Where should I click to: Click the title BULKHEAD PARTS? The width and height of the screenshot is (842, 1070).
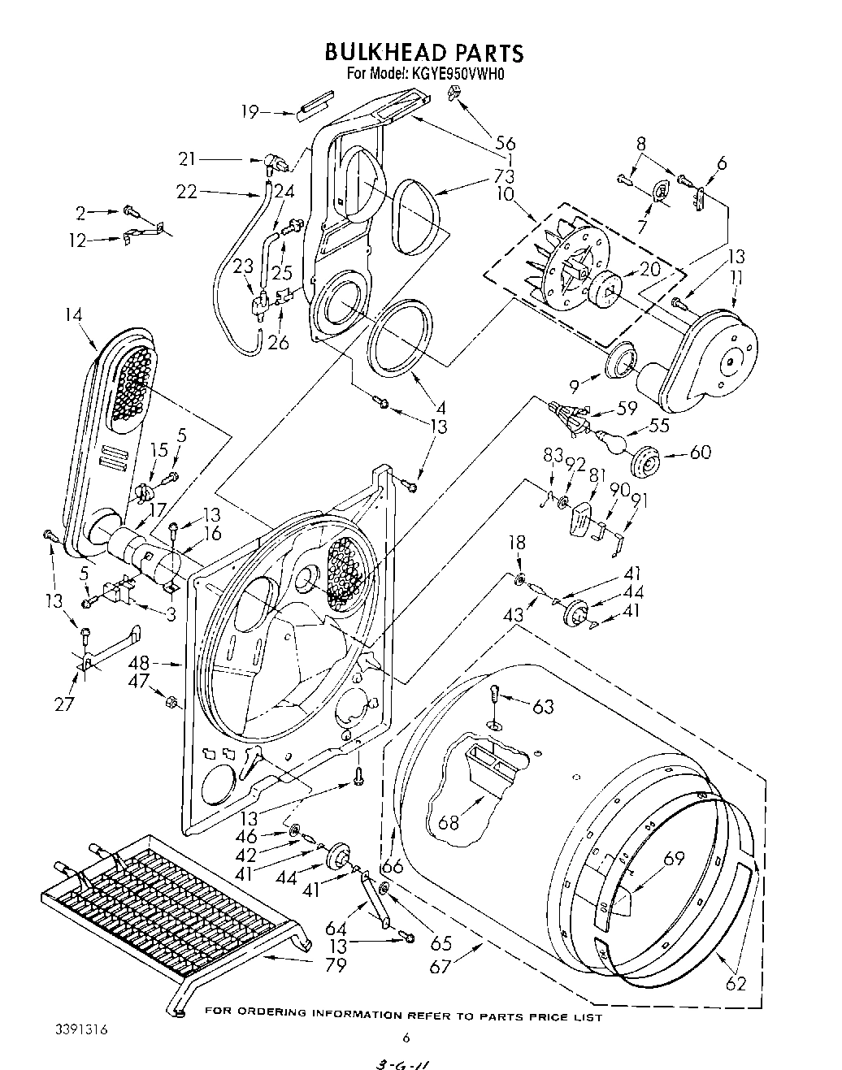[x=423, y=53]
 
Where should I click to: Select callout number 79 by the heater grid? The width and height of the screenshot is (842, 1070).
[x=335, y=965]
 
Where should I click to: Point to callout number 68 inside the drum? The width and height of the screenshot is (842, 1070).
[x=448, y=822]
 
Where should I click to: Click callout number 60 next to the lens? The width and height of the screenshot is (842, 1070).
[x=698, y=452]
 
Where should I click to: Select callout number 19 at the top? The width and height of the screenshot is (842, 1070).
[x=250, y=111]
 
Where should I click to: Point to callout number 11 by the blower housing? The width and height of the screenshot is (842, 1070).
[x=736, y=279]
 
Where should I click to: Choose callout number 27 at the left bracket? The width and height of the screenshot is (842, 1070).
[x=64, y=704]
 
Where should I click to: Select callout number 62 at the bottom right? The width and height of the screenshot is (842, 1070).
[x=735, y=984]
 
